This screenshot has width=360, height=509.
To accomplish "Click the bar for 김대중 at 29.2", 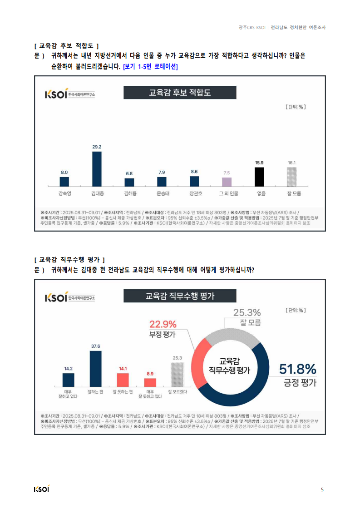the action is (97, 169).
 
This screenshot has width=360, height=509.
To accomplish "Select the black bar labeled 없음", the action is (259, 177).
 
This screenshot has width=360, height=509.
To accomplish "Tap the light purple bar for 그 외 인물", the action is (227, 182).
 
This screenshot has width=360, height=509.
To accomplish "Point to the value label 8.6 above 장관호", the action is (194, 172).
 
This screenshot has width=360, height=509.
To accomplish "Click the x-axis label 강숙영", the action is (64, 193).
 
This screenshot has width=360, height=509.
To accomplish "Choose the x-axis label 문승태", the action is (163, 193).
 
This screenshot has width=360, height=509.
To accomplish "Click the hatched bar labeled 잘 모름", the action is (291, 177).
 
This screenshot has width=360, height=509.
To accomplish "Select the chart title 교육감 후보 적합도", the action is (180, 93).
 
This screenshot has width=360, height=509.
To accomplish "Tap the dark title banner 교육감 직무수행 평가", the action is (180, 296).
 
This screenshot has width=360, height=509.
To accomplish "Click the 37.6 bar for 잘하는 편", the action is (95, 369).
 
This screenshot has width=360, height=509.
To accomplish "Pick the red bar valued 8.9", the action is (150, 382).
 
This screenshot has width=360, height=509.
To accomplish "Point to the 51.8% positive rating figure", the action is (298, 369).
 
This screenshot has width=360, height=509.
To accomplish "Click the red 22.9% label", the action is (163, 324).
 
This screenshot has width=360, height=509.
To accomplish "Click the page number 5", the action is (322, 489).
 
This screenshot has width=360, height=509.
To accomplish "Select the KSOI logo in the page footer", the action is (42, 489).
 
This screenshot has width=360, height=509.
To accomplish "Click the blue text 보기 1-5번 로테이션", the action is (150, 67).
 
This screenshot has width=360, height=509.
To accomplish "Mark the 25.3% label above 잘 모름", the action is (247, 312).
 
